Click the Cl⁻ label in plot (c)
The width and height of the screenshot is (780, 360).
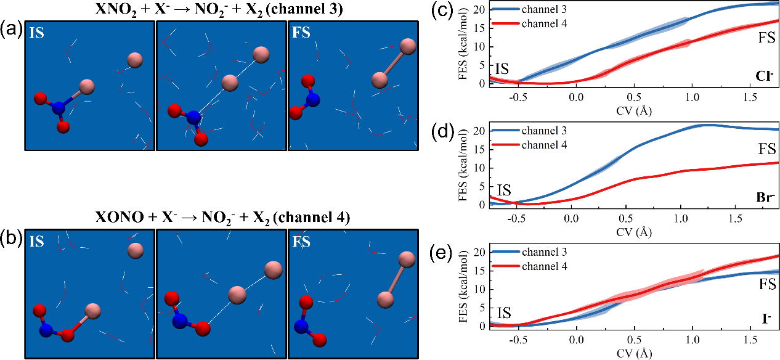pyautogui.click(x=764, y=76)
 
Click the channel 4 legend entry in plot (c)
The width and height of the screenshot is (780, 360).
pyautogui.click(x=543, y=23)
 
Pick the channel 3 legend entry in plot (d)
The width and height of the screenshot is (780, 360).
pyautogui.click(x=543, y=131)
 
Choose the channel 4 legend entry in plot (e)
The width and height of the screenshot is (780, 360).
pyautogui.click(x=543, y=266)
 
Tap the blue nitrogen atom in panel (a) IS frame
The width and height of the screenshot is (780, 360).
pyautogui.click(x=59, y=108)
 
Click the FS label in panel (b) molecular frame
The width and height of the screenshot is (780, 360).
pyautogui.click(x=302, y=243)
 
